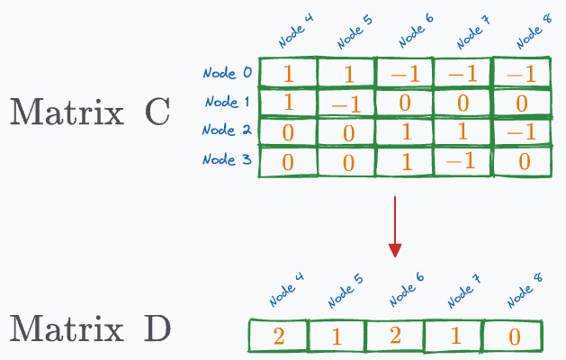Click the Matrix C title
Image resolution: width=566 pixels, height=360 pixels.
pyautogui.click(x=90, y=113)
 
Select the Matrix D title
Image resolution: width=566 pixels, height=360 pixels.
pyautogui.click(x=90, y=330)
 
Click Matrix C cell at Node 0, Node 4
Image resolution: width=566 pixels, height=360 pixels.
pyautogui.click(x=289, y=73)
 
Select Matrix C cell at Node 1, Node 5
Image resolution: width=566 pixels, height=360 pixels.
pyautogui.click(x=346, y=103)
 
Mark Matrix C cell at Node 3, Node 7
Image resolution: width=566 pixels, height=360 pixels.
pyautogui.click(x=463, y=162)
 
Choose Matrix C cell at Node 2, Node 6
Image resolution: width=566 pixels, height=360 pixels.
pyautogui.click(x=405, y=131)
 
